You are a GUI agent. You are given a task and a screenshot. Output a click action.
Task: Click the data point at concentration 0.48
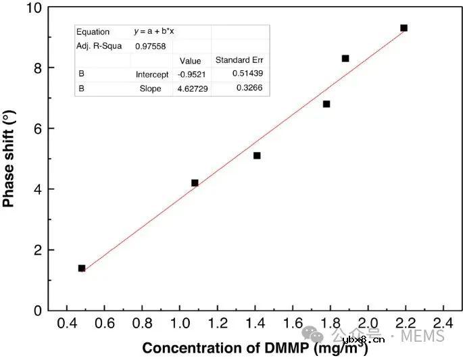82,268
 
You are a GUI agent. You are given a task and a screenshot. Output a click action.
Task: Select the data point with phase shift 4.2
195,183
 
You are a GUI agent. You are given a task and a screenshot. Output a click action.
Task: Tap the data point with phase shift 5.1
257,155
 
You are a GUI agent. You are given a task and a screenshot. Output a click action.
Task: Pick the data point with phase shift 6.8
326,104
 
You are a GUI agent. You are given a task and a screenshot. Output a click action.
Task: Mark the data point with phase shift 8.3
345,59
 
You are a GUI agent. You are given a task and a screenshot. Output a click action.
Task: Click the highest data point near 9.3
404,28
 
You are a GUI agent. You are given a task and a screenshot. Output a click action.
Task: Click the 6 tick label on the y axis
38,129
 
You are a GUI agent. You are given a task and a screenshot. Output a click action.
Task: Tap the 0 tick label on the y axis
38,311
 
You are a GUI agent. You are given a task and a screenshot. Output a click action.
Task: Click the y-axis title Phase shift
9,159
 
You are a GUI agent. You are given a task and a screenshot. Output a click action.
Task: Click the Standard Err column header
239,60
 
